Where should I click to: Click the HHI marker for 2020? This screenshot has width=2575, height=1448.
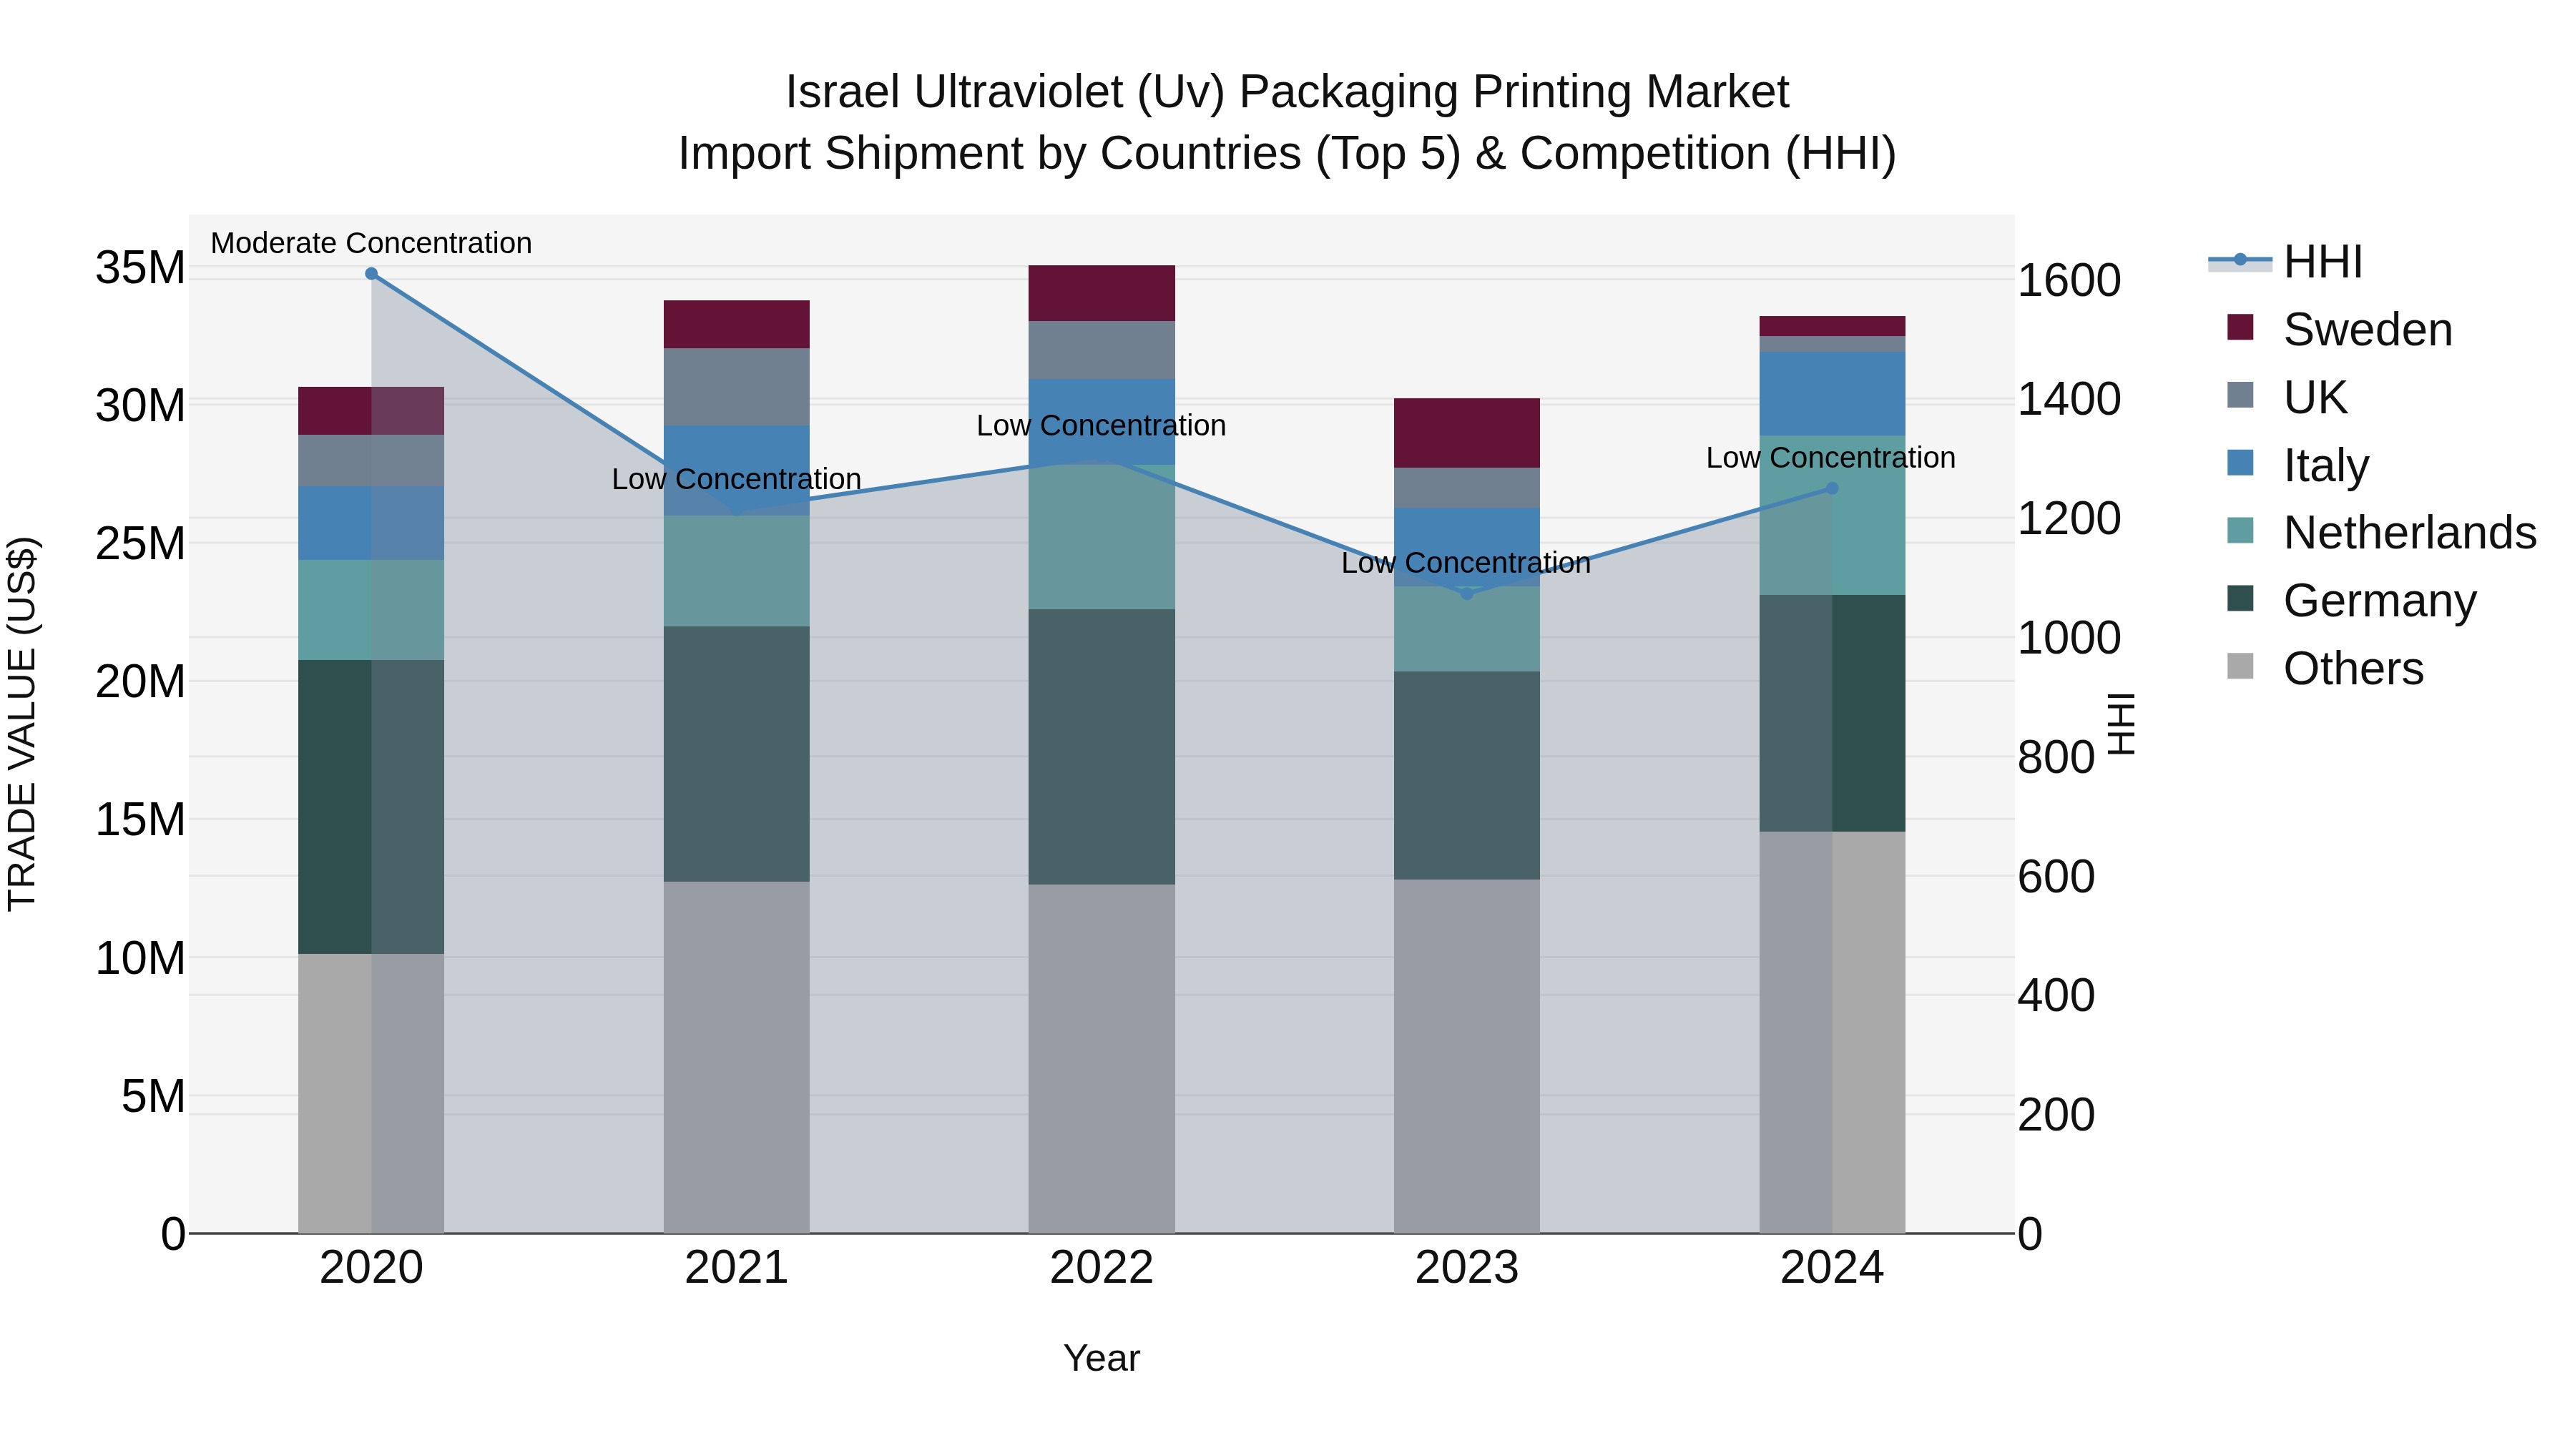(371, 273)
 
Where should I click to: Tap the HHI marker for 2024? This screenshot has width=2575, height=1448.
(1831, 488)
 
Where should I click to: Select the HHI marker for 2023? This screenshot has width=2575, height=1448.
(1466, 594)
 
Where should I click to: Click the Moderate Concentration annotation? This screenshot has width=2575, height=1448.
(371, 243)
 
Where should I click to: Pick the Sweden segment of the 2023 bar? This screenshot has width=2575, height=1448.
(1466, 433)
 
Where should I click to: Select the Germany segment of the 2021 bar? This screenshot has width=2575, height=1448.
(736, 754)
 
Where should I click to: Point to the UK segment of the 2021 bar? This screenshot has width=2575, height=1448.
(736, 387)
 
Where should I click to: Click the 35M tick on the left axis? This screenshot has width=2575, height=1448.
(140, 268)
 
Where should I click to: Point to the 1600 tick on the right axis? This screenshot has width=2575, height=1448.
(2068, 281)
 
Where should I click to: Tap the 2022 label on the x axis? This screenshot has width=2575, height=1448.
(1101, 1268)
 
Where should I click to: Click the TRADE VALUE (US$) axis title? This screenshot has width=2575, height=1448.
(22, 724)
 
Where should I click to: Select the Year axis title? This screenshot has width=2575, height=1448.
(1101, 1358)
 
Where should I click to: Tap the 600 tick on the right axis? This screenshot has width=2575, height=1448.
(2055, 877)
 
